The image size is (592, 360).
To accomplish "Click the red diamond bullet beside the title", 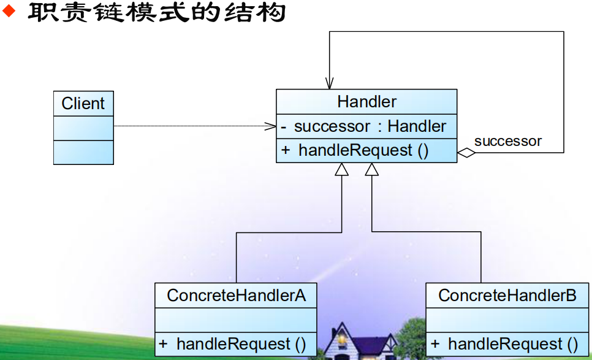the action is [9, 11].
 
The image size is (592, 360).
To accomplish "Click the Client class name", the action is [83, 104].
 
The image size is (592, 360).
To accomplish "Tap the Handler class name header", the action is [366, 102].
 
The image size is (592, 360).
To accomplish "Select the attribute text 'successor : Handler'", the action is [370, 126].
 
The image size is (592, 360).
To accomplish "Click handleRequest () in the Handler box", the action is [363, 150].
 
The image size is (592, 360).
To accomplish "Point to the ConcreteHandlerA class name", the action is [237, 296].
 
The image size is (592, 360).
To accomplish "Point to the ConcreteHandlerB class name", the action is [507, 296].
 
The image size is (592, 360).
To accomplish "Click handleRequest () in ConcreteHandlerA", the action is [241, 344].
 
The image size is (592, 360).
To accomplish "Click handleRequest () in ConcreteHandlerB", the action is [513, 344].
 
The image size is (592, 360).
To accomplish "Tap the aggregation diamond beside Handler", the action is [466, 153].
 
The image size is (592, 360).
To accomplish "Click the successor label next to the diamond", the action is [508, 141].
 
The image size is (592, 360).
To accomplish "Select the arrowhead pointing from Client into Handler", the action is [270, 126].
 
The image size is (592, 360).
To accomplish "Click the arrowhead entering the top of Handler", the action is [330, 83].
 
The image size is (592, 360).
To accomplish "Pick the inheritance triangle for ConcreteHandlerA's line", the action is [342, 170].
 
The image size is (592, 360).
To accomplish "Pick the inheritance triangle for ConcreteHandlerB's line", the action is [372, 170].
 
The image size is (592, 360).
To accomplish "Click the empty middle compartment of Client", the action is [83, 128].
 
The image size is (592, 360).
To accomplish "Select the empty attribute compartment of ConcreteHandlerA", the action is [236, 320].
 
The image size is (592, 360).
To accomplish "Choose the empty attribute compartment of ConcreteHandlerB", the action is [507, 320].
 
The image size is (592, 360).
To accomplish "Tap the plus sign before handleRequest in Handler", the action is [286, 150].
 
